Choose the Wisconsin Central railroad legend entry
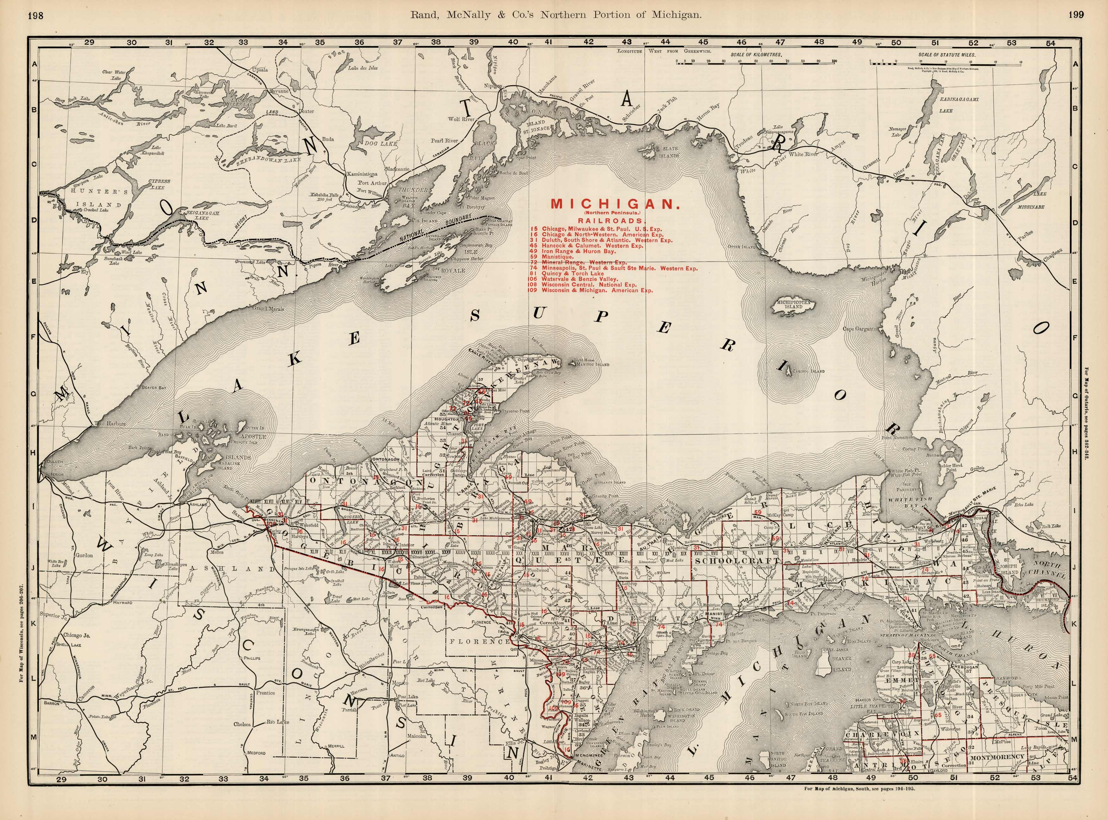(x=590, y=285)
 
